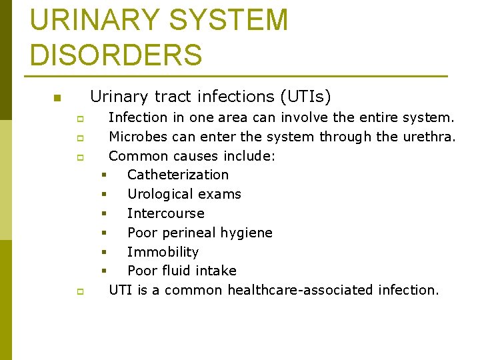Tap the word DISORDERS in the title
tap(116, 55)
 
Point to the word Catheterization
tap(177, 175)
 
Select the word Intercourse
tap(165, 213)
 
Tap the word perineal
tap(189, 233)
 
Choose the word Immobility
tap(163, 252)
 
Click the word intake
tap(215, 271)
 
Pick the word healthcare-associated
tap(300, 290)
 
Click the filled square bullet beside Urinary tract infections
tap(57, 99)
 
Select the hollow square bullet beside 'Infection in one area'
tap(79, 119)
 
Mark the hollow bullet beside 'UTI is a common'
tap(79, 291)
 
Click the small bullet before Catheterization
tap(104, 175)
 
